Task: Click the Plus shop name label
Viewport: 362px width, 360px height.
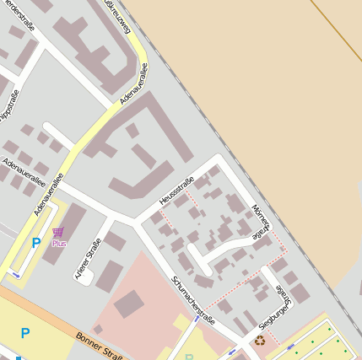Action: (x=59, y=243)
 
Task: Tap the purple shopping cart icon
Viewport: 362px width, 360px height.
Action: (x=57, y=232)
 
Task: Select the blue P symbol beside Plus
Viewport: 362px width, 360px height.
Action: (x=35, y=243)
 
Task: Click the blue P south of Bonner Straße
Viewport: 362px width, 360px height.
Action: (x=25, y=334)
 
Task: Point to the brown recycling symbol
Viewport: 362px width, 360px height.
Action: (x=260, y=341)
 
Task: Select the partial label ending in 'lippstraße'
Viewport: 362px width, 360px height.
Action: (x=6, y=110)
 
